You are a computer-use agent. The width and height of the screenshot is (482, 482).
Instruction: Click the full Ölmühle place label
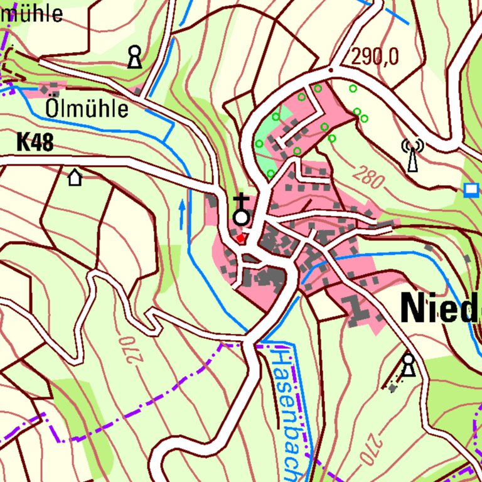point(87,109)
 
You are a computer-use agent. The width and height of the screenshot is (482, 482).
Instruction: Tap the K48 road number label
point(35,142)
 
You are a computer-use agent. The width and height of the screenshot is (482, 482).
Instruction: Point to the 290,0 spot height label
point(375,57)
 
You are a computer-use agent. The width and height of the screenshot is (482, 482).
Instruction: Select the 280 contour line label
point(367,178)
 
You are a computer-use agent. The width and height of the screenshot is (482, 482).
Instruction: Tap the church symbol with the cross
point(241,211)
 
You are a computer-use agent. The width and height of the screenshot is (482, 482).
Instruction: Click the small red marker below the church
point(240,238)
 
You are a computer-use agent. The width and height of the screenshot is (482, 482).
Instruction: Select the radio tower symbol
point(412,155)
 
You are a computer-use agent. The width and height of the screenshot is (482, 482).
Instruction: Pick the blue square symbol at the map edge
point(470,190)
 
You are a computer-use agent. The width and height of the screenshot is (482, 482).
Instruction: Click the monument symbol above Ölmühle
point(134,56)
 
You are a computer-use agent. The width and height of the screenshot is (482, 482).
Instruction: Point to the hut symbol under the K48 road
point(75,178)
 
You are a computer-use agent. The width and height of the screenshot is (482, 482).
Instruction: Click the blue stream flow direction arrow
point(182,213)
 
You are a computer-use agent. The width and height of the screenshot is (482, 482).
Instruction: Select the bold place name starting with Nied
point(439,308)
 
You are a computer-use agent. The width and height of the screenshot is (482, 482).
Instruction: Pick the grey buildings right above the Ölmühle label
point(53,87)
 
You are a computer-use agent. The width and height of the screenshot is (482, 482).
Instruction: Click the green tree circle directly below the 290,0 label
point(353,88)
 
